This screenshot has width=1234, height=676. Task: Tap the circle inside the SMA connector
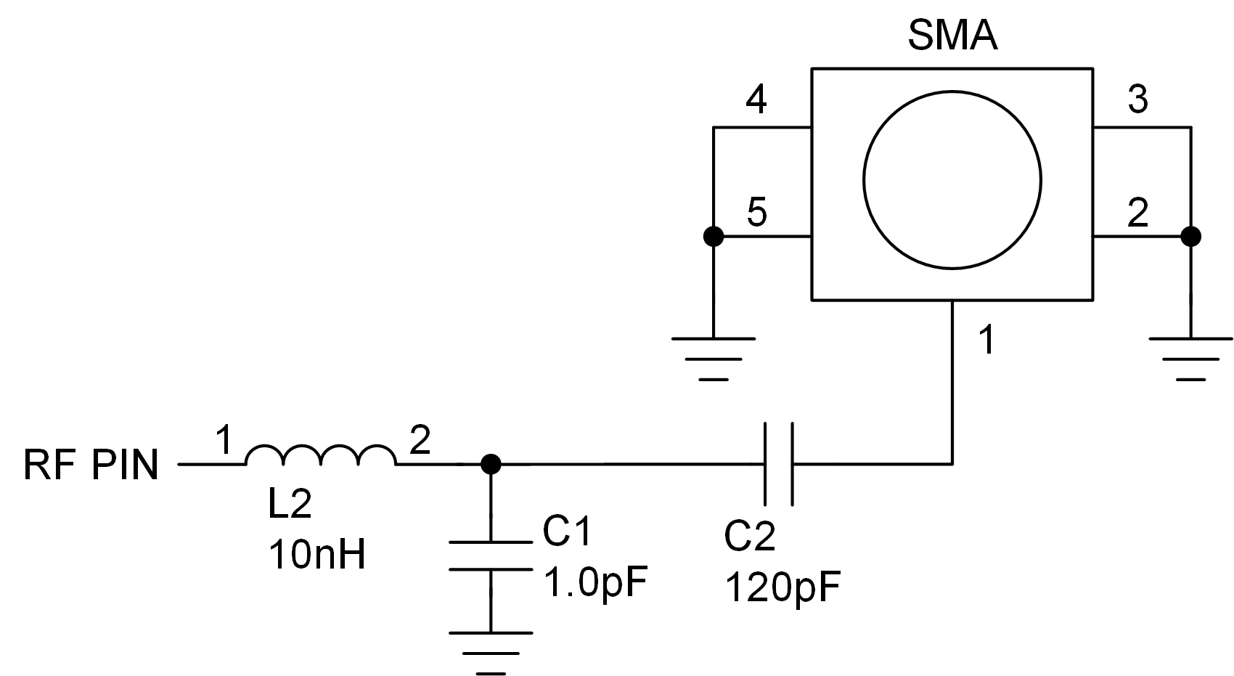(952, 180)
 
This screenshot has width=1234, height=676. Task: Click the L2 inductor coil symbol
(321, 455)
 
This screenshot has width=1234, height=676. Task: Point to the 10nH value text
(317, 555)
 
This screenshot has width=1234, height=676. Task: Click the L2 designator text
(290, 504)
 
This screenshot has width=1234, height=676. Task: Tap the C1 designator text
(567, 532)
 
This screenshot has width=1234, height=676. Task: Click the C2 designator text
(749, 536)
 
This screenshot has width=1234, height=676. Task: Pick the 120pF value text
(782, 587)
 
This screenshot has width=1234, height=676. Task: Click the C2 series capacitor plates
(778, 463)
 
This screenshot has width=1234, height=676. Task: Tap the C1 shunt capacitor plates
(491, 555)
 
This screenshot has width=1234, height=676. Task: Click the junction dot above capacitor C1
(491, 463)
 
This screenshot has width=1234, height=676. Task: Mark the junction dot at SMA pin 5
(714, 236)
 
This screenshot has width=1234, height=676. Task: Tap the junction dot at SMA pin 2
(1190, 236)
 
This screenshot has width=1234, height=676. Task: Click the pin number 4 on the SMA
(756, 100)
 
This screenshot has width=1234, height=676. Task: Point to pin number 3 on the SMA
(1137, 99)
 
